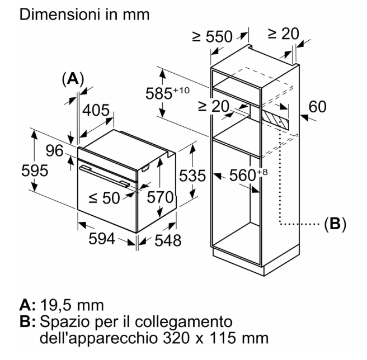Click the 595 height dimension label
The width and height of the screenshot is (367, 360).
pyautogui.click(x=35, y=170)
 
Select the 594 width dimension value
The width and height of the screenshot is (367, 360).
pyautogui.click(x=102, y=239)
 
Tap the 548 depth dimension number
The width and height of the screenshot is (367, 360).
pyautogui.click(x=168, y=240)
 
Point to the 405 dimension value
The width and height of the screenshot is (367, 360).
pyautogui.click(x=96, y=110)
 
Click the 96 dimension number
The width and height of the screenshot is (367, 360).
pyautogui.click(x=54, y=150)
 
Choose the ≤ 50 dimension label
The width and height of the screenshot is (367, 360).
pyautogui.click(x=105, y=198)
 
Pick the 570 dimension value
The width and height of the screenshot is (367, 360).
pyautogui.click(x=160, y=197)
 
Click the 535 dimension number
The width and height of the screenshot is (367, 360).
pyautogui.click(x=192, y=176)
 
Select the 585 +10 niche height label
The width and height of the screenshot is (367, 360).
pyautogui.click(x=167, y=93)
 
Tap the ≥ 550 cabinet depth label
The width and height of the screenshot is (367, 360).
pyautogui.click(x=212, y=36)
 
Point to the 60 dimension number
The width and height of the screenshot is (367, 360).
pyautogui.click(x=317, y=107)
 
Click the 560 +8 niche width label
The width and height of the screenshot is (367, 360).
pyautogui.click(x=248, y=175)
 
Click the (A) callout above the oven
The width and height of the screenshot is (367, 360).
pyautogui.click(x=73, y=79)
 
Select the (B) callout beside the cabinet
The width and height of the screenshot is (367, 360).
pyautogui.click(x=335, y=224)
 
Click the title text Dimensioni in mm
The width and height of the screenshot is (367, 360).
pyautogui.click(x=84, y=15)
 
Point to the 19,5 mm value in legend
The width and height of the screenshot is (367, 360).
pyautogui.click(x=72, y=305)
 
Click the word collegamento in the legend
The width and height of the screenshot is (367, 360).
pyautogui.click(x=183, y=322)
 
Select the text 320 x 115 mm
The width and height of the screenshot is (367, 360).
pyautogui.click(x=215, y=338)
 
